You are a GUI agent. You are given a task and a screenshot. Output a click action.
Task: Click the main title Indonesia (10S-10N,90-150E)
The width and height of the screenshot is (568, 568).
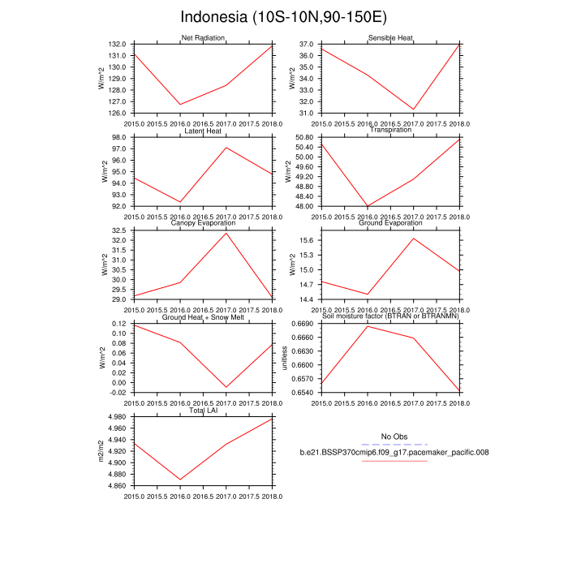[x=284, y=17]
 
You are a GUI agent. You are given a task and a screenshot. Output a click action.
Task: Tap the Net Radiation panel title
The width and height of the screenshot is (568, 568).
[x=203, y=38]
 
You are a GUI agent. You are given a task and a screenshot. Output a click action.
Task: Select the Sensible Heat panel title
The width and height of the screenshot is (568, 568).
[x=391, y=38]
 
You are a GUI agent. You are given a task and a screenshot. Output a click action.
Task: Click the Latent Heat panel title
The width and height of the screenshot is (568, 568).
[x=203, y=131]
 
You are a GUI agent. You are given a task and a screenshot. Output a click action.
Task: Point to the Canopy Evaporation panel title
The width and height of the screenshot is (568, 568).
[x=203, y=223]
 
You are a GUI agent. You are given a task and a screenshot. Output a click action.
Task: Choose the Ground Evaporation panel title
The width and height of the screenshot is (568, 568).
[x=391, y=223]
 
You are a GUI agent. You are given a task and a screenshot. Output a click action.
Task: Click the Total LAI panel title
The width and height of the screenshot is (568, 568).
[x=203, y=411]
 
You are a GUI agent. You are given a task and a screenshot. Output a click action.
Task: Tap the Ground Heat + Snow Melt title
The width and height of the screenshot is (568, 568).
[x=203, y=317]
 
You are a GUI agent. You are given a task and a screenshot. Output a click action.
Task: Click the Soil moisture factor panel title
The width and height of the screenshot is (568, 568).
[x=391, y=317]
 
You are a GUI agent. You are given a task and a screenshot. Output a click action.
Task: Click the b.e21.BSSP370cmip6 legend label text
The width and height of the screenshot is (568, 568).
[x=393, y=452]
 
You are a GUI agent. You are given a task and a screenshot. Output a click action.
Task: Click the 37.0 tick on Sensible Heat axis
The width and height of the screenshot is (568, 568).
[x=306, y=44]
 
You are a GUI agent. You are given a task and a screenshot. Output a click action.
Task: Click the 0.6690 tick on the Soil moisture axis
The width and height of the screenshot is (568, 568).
[x=303, y=324]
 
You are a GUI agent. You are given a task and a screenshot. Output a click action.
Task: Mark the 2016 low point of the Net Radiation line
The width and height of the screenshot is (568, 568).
[x=180, y=105]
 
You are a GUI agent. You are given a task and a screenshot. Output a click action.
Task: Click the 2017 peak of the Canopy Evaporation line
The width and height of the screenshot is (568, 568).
[x=226, y=233]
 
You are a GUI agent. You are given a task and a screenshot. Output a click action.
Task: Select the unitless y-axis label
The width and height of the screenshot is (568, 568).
[x=284, y=357]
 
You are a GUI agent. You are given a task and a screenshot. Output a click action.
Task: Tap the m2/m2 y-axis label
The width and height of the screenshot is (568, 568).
[x=101, y=451]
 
